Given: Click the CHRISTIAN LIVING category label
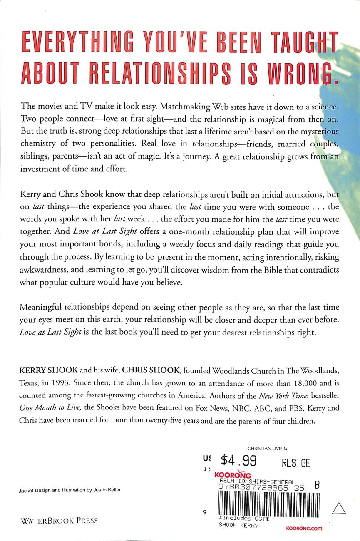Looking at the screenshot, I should (x=267, y=449).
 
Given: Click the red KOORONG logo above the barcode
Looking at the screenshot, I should (x=233, y=474).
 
